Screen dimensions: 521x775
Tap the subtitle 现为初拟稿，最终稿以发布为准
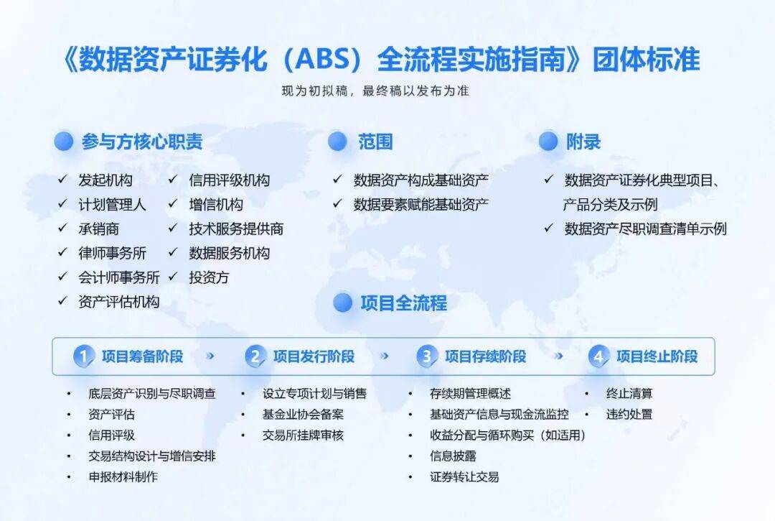click(x=375, y=92)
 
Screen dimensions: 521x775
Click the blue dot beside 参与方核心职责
click(x=64, y=142)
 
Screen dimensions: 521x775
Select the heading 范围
click(x=375, y=142)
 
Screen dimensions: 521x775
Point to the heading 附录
click(x=583, y=142)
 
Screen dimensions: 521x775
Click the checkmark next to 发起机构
click(x=63, y=180)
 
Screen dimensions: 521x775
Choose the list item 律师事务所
click(x=112, y=253)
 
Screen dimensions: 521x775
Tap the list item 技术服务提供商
click(x=236, y=229)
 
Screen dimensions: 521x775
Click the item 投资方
click(x=209, y=277)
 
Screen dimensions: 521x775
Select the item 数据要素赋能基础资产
click(x=421, y=204)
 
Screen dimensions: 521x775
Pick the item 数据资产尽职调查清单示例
click(x=645, y=229)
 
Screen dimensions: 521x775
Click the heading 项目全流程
click(x=403, y=303)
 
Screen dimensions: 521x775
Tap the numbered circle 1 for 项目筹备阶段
click(x=84, y=356)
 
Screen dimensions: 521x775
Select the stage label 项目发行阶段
click(x=314, y=356)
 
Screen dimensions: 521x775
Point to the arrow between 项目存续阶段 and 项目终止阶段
click(x=558, y=356)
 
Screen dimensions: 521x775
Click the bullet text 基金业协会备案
click(x=303, y=415)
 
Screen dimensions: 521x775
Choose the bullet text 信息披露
click(x=453, y=456)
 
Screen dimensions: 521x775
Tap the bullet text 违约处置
click(x=629, y=415)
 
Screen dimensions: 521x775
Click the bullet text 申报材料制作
click(x=123, y=476)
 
